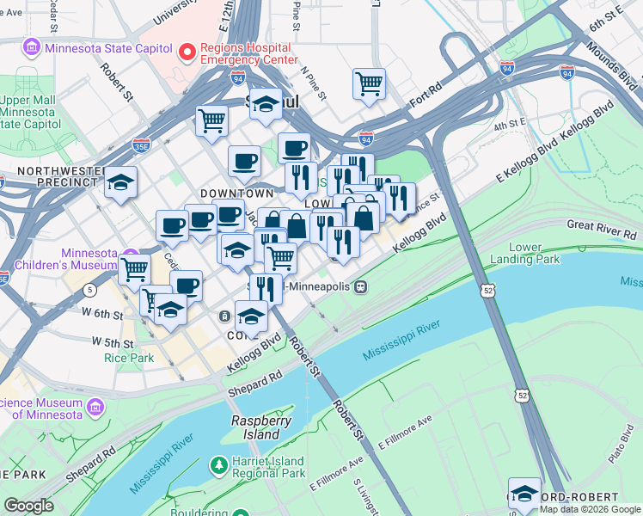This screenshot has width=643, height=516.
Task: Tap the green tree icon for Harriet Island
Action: pyautogui.click(x=220, y=465)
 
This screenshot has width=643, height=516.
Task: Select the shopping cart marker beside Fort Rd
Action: pyautogui.click(x=369, y=83)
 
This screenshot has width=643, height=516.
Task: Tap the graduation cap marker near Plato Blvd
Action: pyautogui.click(x=524, y=493)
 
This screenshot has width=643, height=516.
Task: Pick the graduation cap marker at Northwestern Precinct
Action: pyautogui.click(x=120, y=182)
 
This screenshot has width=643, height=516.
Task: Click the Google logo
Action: pyautogui.click(x=29, y=506)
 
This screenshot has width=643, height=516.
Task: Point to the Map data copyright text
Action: pyautogui.click(x=590, y=509)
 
